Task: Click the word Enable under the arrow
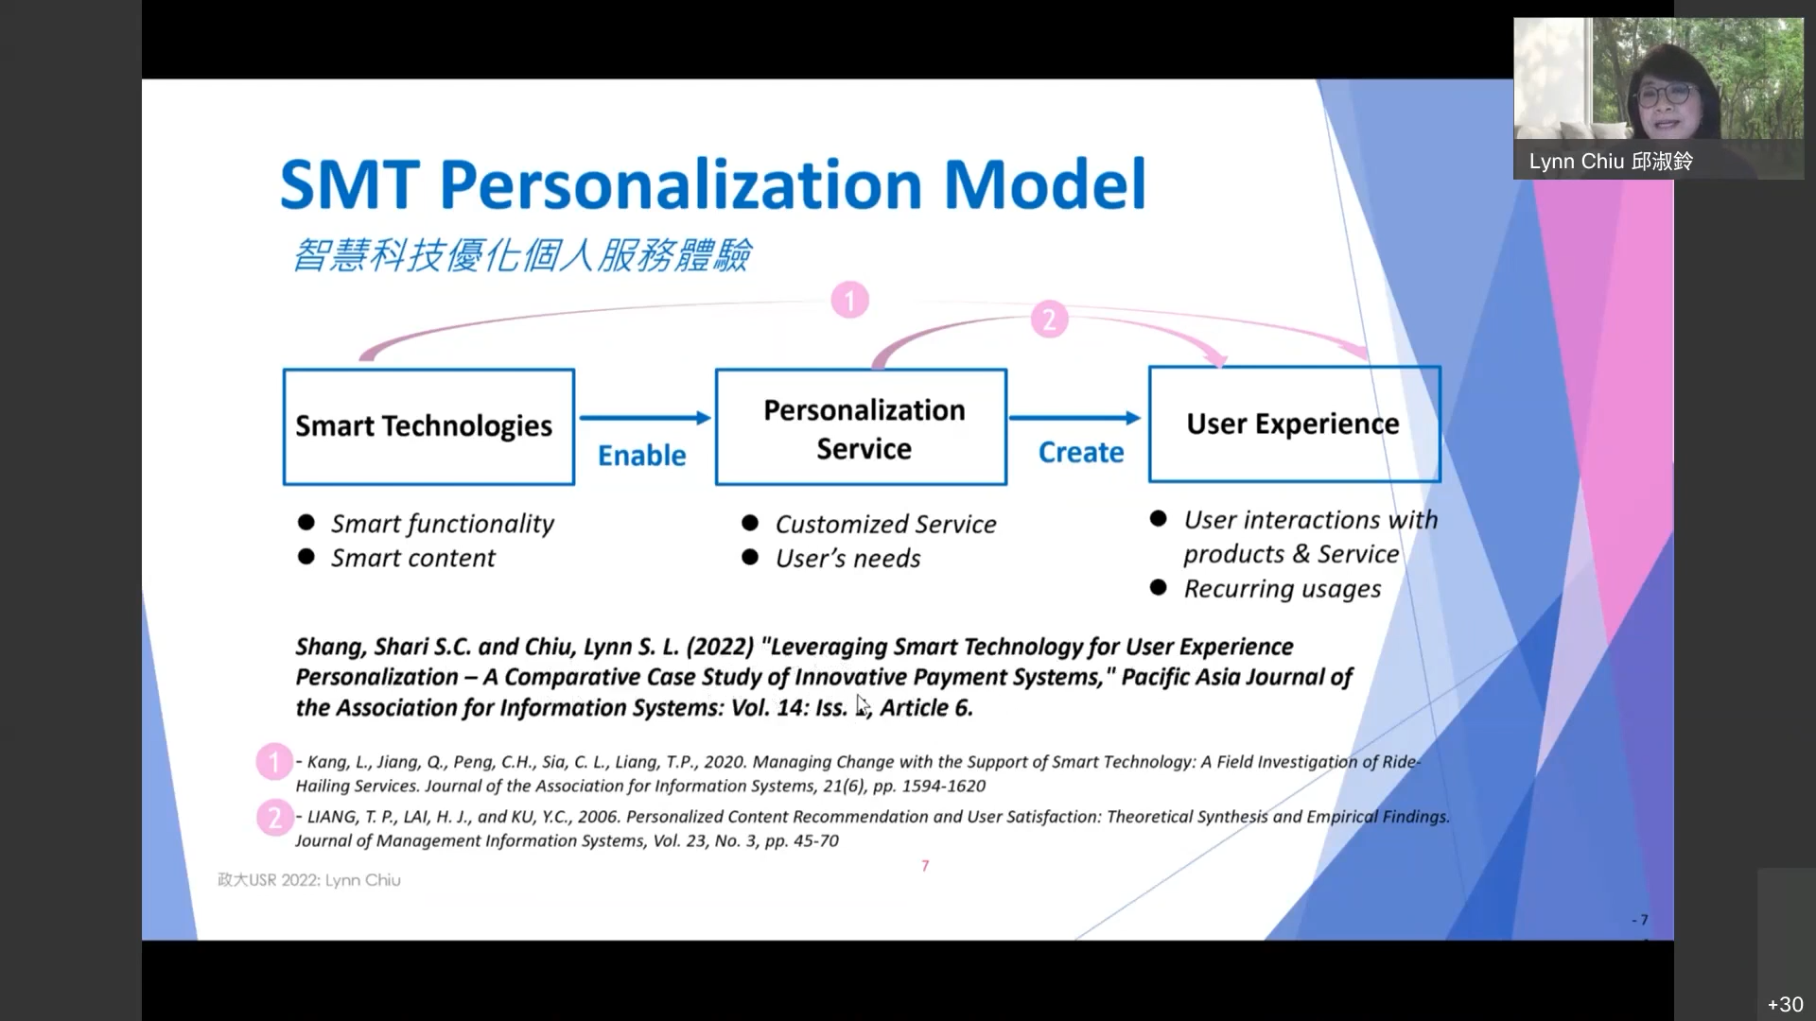(x=642, y=456)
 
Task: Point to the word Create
(x=1081, y=453)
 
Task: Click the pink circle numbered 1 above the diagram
(x=849, y=301)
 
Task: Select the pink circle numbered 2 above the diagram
(x=1049, y=320)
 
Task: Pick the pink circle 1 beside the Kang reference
(x=274, y=762)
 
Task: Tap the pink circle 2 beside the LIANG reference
(x=275, y=818)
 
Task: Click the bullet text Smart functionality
(x=442, y=524)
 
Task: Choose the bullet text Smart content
(x=412, y=558)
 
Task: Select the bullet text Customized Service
(x=885, y=524)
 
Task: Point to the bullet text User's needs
(x=847, y=558)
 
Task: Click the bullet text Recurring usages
(x=1282, y=589)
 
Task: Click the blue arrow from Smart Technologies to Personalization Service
(x=645, y=418)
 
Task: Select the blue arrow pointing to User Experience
(x=1075, y=418)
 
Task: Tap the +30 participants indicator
(x=1785, y=1004)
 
